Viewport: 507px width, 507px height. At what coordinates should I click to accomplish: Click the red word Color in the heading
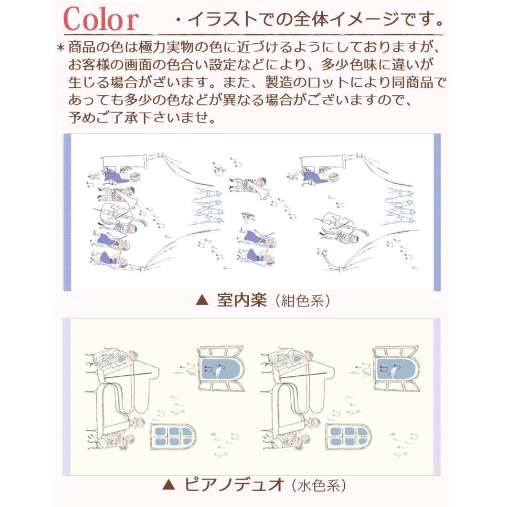tap(100, 20)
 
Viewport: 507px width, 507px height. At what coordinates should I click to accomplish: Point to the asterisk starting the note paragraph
tap(60, 47)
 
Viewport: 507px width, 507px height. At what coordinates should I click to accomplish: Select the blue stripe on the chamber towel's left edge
tap(67, 212)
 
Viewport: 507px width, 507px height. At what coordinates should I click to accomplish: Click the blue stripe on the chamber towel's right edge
tap(436, 212)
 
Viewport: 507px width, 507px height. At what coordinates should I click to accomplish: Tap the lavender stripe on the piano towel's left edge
tap(65, 397)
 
